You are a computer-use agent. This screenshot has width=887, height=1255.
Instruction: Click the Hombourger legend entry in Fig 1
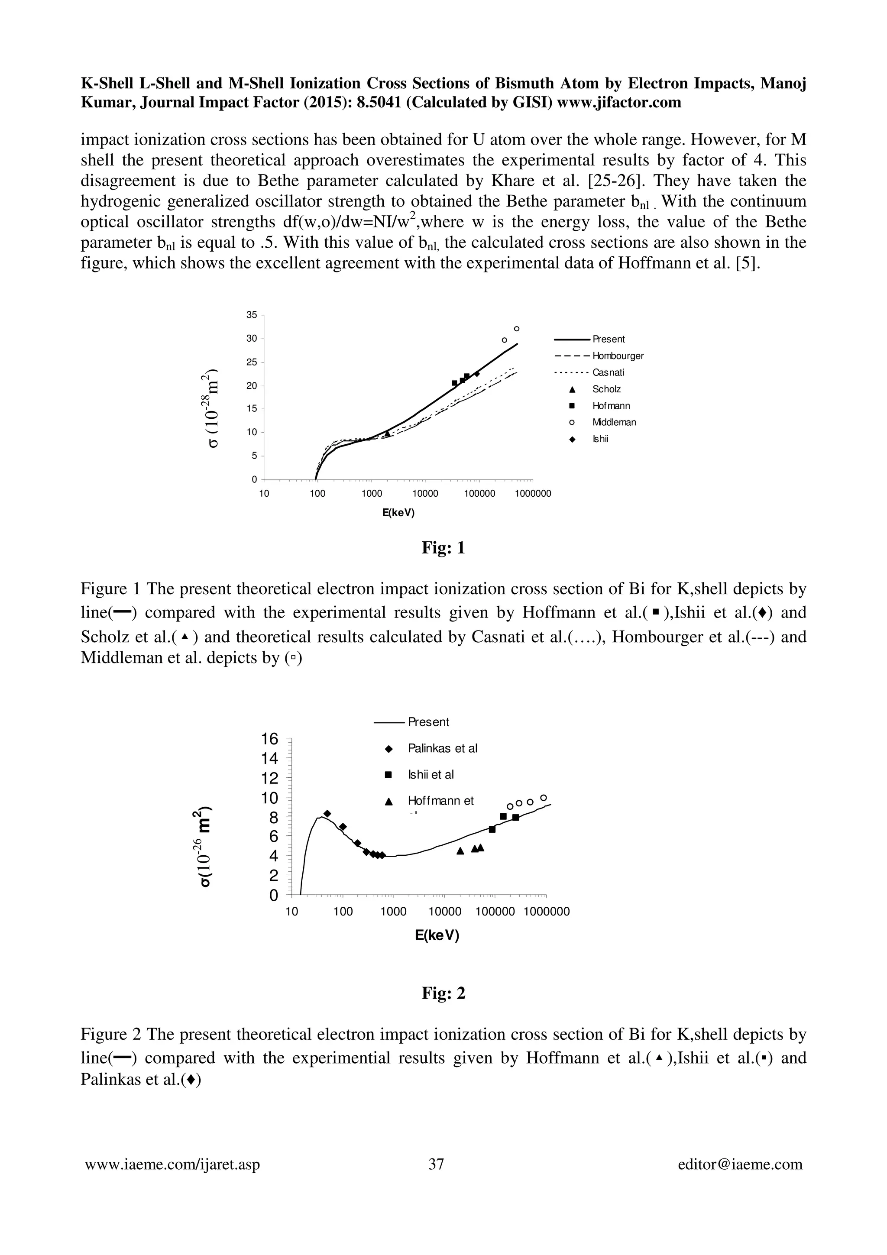618,356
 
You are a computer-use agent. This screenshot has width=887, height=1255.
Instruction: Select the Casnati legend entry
608,373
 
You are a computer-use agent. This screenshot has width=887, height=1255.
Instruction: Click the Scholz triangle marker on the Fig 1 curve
387,434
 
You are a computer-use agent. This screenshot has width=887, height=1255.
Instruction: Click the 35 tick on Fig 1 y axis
251,315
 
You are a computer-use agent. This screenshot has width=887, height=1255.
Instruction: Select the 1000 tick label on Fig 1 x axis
371,494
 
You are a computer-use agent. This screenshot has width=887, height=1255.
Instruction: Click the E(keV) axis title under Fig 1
398,513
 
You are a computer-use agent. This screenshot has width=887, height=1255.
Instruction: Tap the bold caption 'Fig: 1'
443,548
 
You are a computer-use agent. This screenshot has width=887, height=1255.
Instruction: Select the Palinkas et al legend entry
442,748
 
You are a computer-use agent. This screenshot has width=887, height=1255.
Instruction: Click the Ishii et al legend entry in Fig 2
431,775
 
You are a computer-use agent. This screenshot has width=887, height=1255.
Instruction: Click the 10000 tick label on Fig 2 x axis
444,911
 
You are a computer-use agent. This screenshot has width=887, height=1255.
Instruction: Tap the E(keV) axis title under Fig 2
437,935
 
